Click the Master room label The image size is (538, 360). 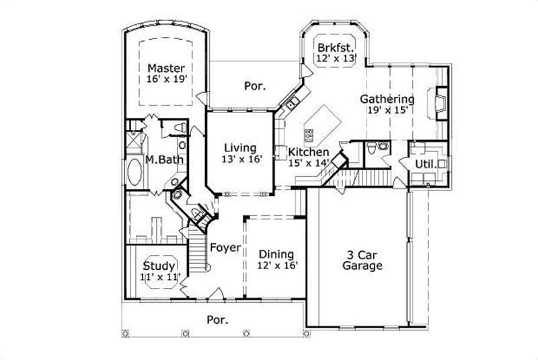[x=166, y=68]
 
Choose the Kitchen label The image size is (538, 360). [x=309, y=153]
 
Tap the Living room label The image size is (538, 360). [x=240, y=148]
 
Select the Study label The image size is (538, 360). [x=158, y=265]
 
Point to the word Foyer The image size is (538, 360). [x=225, y=248]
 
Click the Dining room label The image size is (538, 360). [x=276, y=254]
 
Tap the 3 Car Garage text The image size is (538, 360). [x=364, y=260]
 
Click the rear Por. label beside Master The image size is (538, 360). [x=254, y=86]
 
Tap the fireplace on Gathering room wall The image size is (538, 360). [x=440, y=103]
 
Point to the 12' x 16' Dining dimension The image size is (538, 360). [x=276, y=265]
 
